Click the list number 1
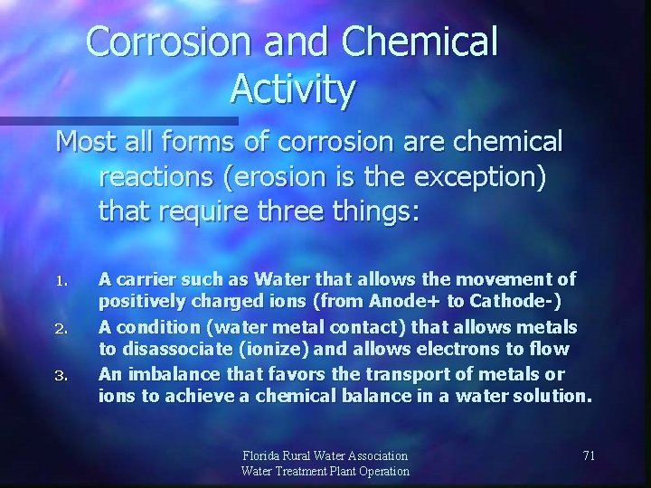tap(61, 280)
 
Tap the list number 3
tap(61, 374)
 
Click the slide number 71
tap(589, 455)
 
